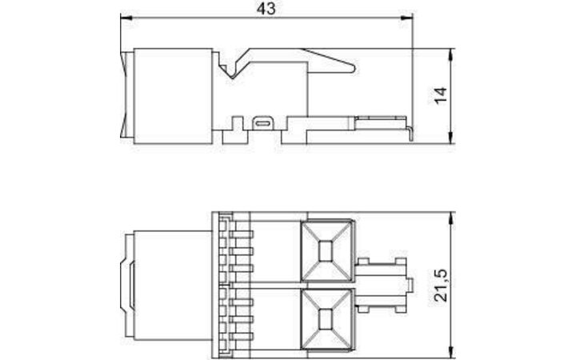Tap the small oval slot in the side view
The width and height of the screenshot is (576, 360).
click(263, 123)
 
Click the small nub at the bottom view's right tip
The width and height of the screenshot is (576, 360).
click(410, 284)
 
